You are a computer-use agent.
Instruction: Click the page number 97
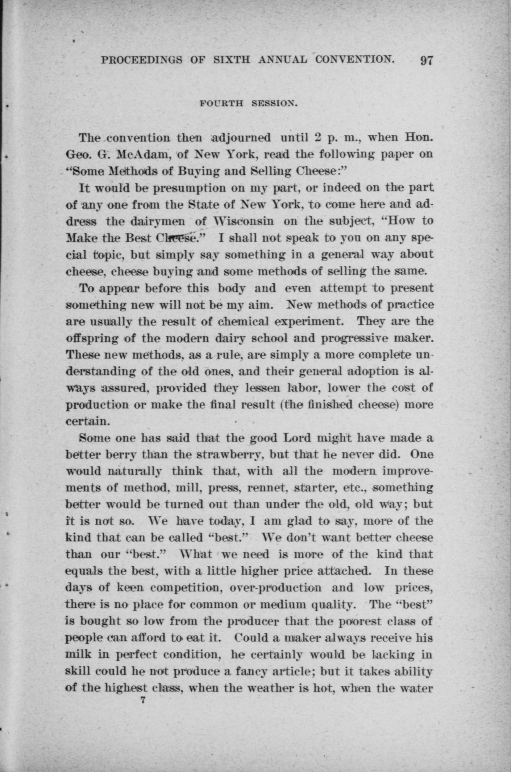pos(426,61)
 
